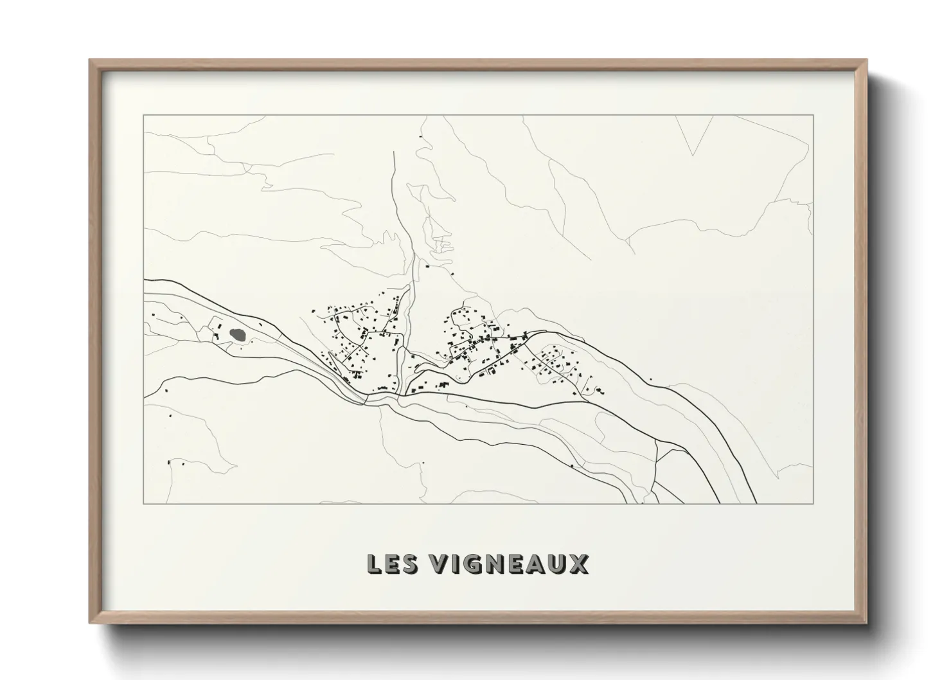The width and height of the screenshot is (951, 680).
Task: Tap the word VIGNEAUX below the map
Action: [508, 564]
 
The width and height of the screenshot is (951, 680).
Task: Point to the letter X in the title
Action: [577, 564]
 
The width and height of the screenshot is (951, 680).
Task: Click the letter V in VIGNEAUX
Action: [440, 564]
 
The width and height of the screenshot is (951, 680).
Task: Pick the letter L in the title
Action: [374, 564]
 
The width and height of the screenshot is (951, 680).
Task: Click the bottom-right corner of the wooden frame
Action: [866, 623]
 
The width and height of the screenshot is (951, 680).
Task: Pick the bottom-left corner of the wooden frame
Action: [91, 623]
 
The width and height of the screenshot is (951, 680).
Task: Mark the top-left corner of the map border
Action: [144, 116]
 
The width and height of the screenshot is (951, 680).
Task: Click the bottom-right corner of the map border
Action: [813, 503]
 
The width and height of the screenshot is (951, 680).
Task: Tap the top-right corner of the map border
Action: [813, 116]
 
